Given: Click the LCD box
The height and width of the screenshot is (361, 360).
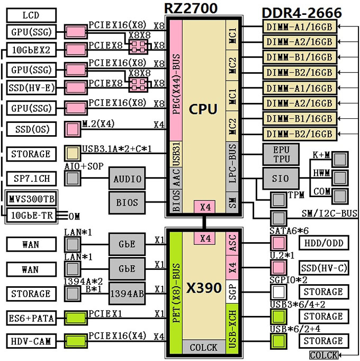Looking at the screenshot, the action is pos(31,15).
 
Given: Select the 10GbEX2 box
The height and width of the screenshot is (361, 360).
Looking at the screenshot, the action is pos(31,50).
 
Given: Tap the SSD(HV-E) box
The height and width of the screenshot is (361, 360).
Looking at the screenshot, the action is pos(31,87).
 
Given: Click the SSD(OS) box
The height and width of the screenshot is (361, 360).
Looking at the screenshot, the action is pos(31,129).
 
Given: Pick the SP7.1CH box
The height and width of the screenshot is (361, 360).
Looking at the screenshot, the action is pos(31,179).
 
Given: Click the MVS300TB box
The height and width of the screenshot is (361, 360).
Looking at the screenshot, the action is pos(31,199).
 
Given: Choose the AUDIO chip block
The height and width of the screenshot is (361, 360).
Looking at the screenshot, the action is pos(127,179).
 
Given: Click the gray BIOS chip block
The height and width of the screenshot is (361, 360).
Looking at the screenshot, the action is pos(127,203).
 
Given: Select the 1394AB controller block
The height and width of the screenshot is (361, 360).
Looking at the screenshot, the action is pos(127,294).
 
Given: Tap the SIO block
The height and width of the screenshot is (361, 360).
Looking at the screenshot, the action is pos(281,179).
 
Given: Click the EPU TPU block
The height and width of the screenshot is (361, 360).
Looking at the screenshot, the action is pos(281,154).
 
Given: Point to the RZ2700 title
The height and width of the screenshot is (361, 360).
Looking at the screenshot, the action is pos(191,8).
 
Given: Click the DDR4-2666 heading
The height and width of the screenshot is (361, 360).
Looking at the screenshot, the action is pos(302,13).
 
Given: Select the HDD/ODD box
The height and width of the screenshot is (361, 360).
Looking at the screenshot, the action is pos(324,243).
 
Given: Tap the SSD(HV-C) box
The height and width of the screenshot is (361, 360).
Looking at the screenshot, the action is pos(324,268).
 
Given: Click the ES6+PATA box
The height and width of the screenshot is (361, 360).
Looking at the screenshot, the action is pos(31,318).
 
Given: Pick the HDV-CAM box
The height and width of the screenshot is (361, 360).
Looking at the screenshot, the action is pos(31,341).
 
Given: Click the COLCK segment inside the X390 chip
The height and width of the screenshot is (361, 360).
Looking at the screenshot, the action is pos(204,347).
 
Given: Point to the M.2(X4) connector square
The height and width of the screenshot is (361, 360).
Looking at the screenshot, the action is pos(73,129).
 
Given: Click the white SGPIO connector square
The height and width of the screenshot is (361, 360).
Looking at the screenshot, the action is pos(278,292).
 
